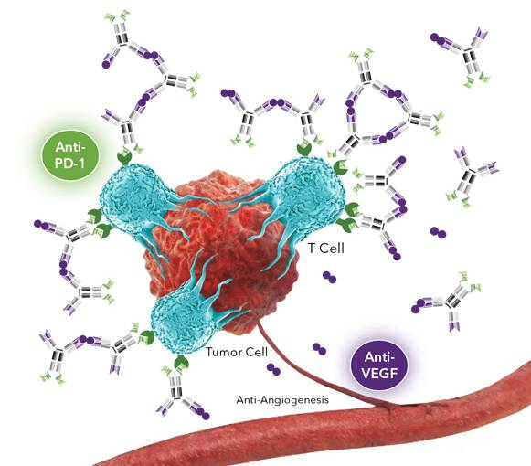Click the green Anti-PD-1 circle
pyautogui.click(x=70, y=155)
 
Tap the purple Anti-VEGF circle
pyautogui.click(x=379, y=365)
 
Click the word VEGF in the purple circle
pyautogui.click(x=379, y=373)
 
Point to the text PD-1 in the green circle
pyautogui.click(x=70, y=164)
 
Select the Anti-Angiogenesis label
pyautogui.click(x=282, y=400)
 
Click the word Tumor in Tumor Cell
pyautogui.click(x=221, y=352)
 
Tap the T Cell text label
pyautogui.click(x=326, y=249)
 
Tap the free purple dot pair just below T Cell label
pyautogui.click(x=329, y=277)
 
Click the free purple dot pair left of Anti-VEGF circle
pyautogui.click(x=319, y=349)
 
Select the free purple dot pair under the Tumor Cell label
pyautogui.click(x=273, y=369)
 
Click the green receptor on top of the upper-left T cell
pyautogui.click(x=125, y=157)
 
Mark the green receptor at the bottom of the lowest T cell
pyautogui.click(x=181, y=363)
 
